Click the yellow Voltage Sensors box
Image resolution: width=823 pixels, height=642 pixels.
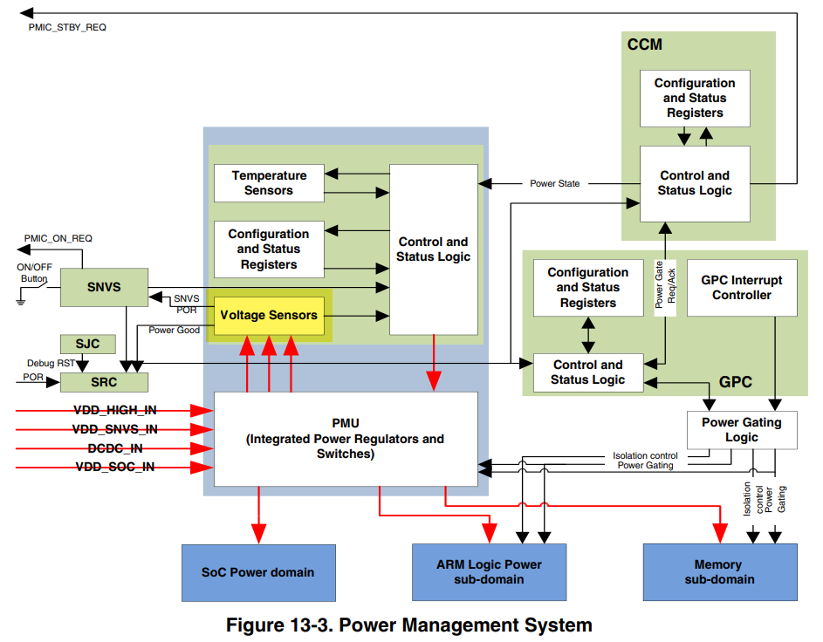tap(269, 315)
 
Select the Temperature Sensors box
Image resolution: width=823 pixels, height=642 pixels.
tap(269, 183)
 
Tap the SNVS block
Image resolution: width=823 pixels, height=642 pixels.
tap(104, 287)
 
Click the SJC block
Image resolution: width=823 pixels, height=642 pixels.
tap(87, 344)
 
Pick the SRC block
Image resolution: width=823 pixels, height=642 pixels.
tap(104, 382)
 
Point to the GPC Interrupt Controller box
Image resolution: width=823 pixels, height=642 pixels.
tap(742, 288)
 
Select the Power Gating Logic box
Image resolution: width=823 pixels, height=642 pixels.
tap(742, 429)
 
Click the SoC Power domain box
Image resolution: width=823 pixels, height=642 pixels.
tap(258, 572)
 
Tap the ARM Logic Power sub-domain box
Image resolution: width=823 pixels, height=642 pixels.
tap(489, 572)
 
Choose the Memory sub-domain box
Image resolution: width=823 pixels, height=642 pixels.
tap(719, 572)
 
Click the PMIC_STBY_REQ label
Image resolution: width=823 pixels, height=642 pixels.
tap(67, 27)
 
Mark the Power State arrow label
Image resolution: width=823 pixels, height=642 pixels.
tap(555, 184)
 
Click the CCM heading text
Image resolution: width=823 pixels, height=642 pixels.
tap(645, 44)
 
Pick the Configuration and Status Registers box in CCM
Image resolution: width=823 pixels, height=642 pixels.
tap(695, 98)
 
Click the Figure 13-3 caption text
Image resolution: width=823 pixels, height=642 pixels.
tap(409, 625)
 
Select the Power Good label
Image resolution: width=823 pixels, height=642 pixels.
tap(174, 331)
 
